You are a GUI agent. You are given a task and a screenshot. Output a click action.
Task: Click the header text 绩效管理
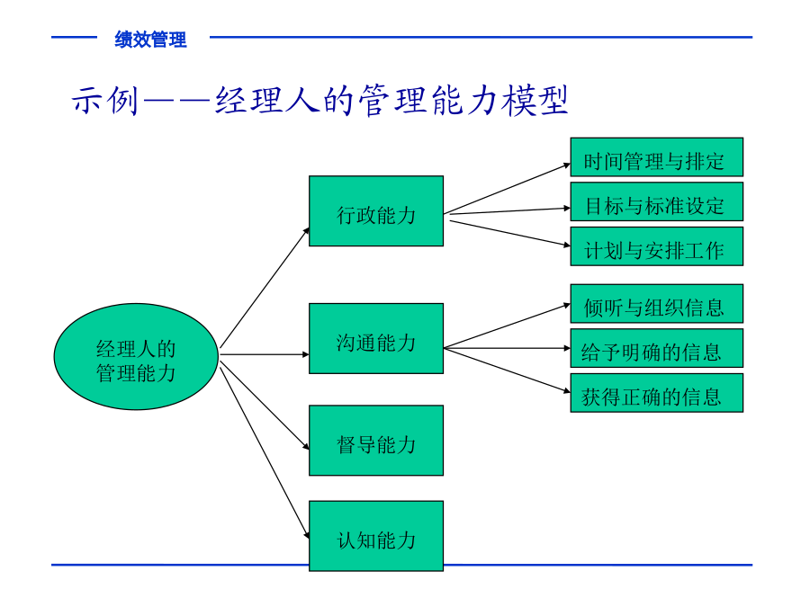click(150, 40)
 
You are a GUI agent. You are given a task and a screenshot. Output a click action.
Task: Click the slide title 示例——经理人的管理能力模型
click(319, 100)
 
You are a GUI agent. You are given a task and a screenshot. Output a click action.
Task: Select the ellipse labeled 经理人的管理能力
click(137, 357)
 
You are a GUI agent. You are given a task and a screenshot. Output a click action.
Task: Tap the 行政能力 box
click(376, 211)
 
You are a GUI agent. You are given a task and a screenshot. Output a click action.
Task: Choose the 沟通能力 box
click(376, 339)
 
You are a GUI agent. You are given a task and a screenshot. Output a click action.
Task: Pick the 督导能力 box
click(376, 441)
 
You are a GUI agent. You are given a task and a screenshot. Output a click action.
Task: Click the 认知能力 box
click(376, 536)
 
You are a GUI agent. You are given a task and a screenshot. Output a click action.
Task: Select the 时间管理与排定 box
click(657, 156)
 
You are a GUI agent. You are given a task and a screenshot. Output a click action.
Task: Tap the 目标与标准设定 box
click(657, 201)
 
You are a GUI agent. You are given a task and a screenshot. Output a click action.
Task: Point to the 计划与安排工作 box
click(657, 246)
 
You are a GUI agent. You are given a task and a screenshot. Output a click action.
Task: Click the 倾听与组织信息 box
click(657, 304)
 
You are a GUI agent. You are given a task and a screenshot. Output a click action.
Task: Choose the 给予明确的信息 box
click(657, 348)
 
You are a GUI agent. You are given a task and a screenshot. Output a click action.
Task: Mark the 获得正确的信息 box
click(657, 393)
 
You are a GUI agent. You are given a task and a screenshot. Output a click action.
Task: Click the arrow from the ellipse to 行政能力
click(265, 288)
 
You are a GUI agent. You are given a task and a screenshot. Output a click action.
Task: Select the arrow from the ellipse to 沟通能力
click(265, 354)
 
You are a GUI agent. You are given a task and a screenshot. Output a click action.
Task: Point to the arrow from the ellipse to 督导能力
click(265, 406)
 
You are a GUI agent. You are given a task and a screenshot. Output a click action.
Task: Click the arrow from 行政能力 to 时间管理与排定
click(507, 189)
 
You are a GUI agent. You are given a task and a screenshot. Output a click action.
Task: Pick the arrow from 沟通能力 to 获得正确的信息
click(507, 370)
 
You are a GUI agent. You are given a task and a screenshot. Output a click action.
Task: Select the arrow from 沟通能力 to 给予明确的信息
click(507, 348)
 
